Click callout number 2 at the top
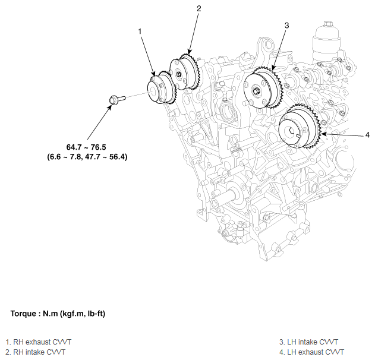[199, 8]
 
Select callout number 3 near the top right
[286, 26]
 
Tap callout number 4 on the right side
[367, 135]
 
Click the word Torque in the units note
[24, 313]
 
